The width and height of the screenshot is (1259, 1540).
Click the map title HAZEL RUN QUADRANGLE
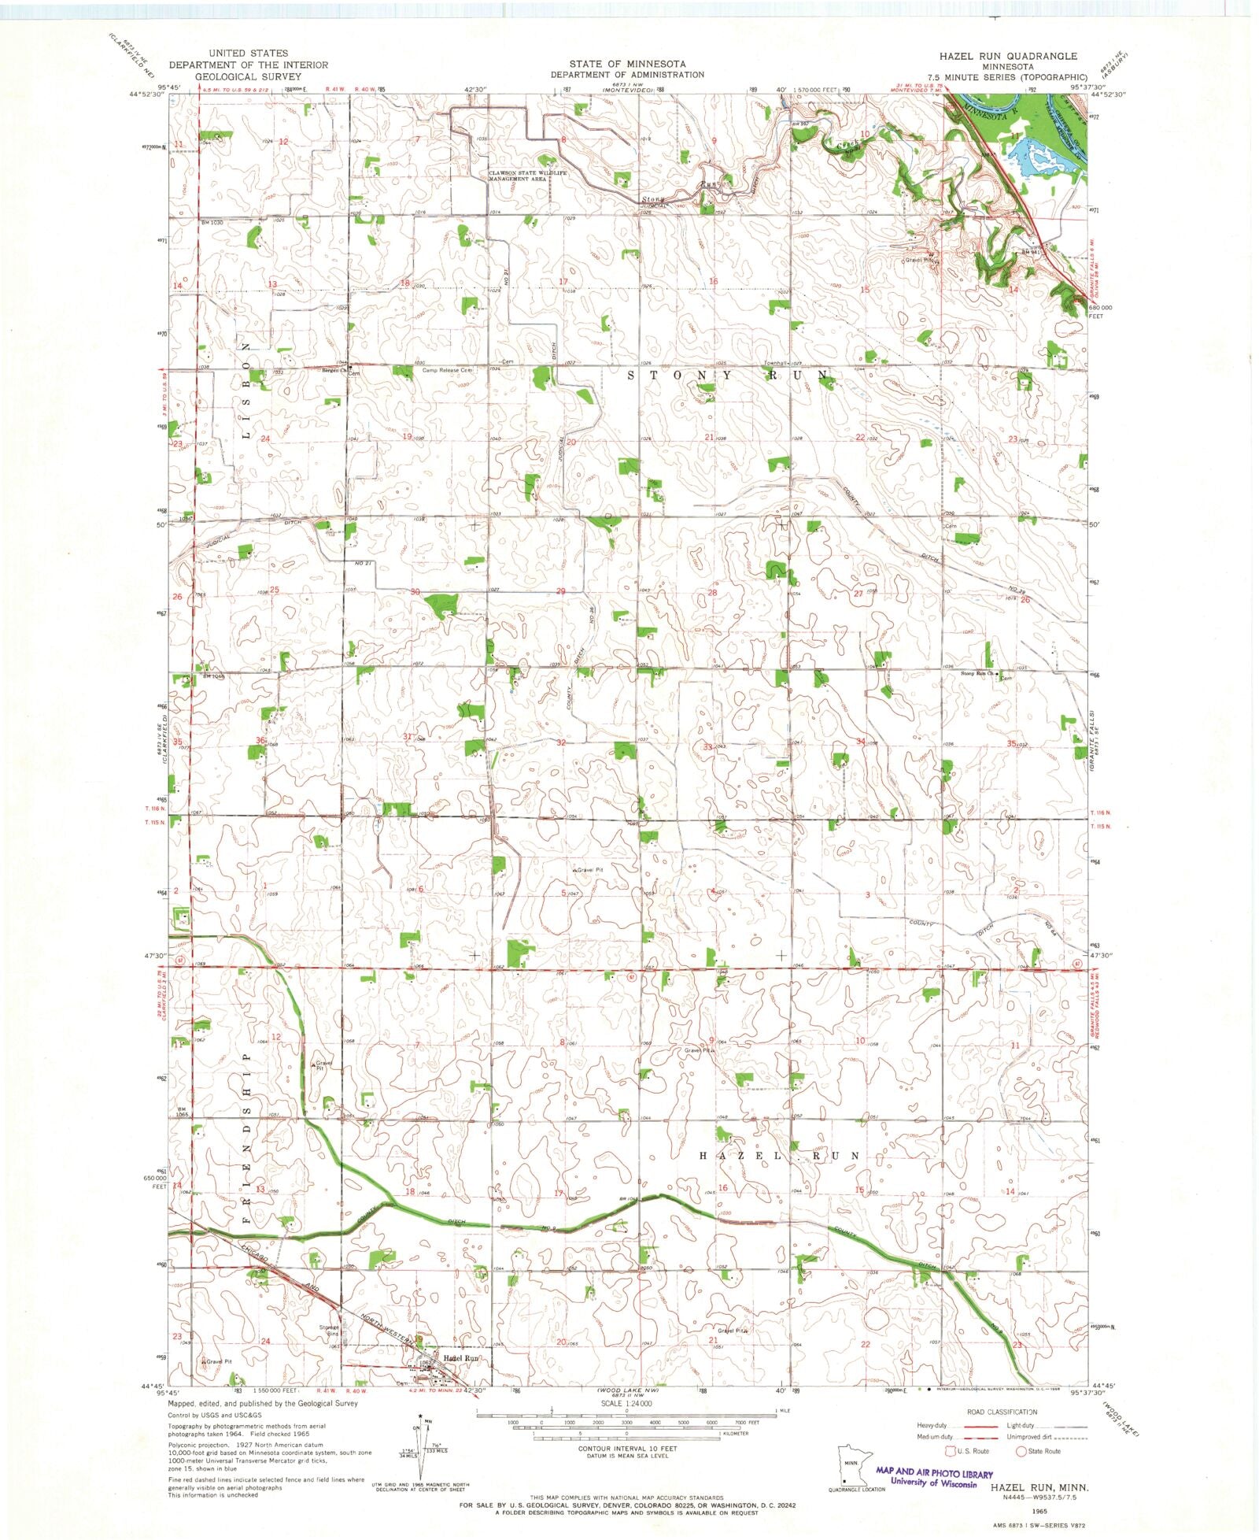[x=1008, y=56]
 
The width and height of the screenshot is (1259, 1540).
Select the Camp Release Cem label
[x=448, y=370]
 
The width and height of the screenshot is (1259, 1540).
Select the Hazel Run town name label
[x=461, y=1358]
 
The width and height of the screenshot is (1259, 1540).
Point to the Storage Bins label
[x=329, y=1331]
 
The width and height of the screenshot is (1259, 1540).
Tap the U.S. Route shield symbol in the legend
[x=950, y=1450]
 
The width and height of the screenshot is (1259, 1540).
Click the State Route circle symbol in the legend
[x=1021, y=1450]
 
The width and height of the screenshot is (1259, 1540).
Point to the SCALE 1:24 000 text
[x=626, y=1404]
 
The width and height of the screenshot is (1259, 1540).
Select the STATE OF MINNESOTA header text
[x=627, y=64]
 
